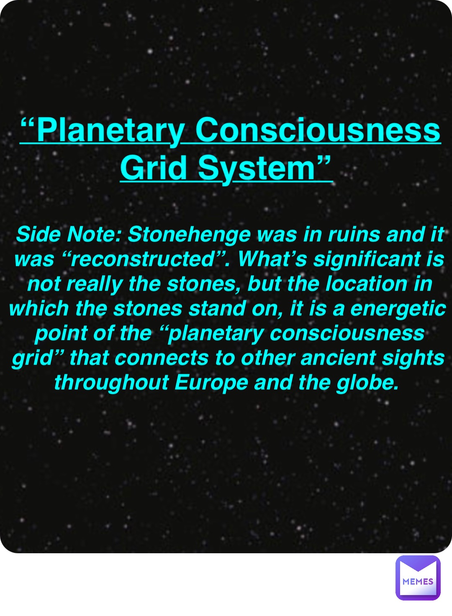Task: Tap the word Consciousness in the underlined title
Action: point(318,130)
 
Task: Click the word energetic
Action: point(398,309)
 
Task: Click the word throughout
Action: point(111,383)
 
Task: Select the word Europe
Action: point(211,383)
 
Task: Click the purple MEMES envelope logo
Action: point(418,578)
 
